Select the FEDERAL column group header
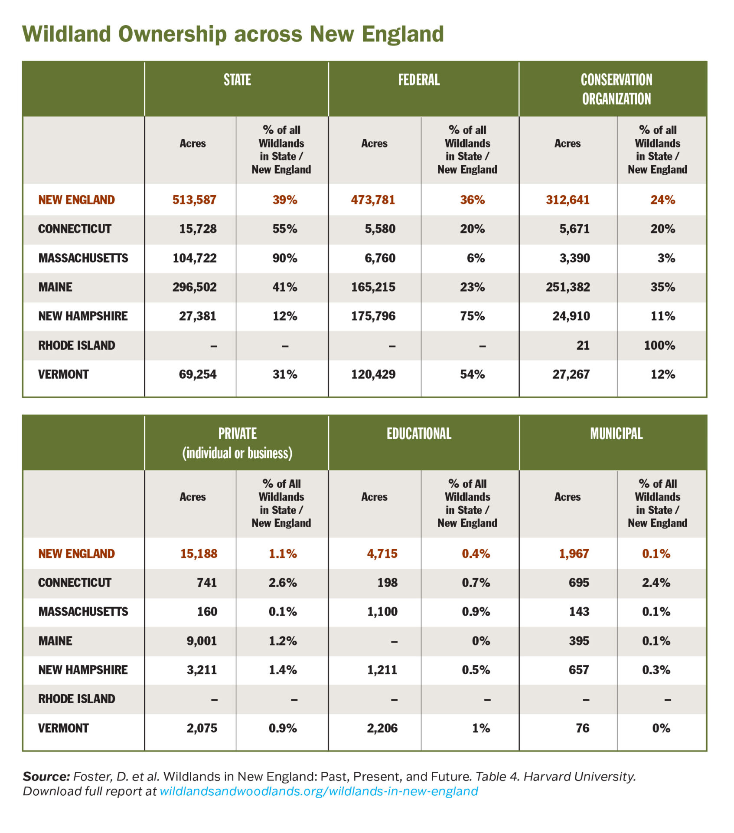tap(419, 80)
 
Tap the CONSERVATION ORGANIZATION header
tap(616, 89)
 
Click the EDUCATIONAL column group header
tap(419, 433)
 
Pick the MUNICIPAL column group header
tap(616, 433)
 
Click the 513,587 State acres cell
tap(194, 200)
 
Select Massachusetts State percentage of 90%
tap(285, 258)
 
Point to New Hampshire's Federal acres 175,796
tap(373, 316)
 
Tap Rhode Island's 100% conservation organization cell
tap(659, 345)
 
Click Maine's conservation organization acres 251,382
tap(568, 287)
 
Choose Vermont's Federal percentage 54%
tap(472, 374)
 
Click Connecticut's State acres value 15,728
tap(198, 229)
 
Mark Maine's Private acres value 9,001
tap(202, 641)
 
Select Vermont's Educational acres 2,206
tap(382, 728)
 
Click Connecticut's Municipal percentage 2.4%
tap(656, 582)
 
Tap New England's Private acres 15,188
tap(199, 554)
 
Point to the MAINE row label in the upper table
tap(55, 287)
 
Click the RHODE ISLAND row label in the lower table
tap(77, 699)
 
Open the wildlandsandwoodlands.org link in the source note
tap(319, 791)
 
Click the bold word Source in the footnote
tap(46, 776)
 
